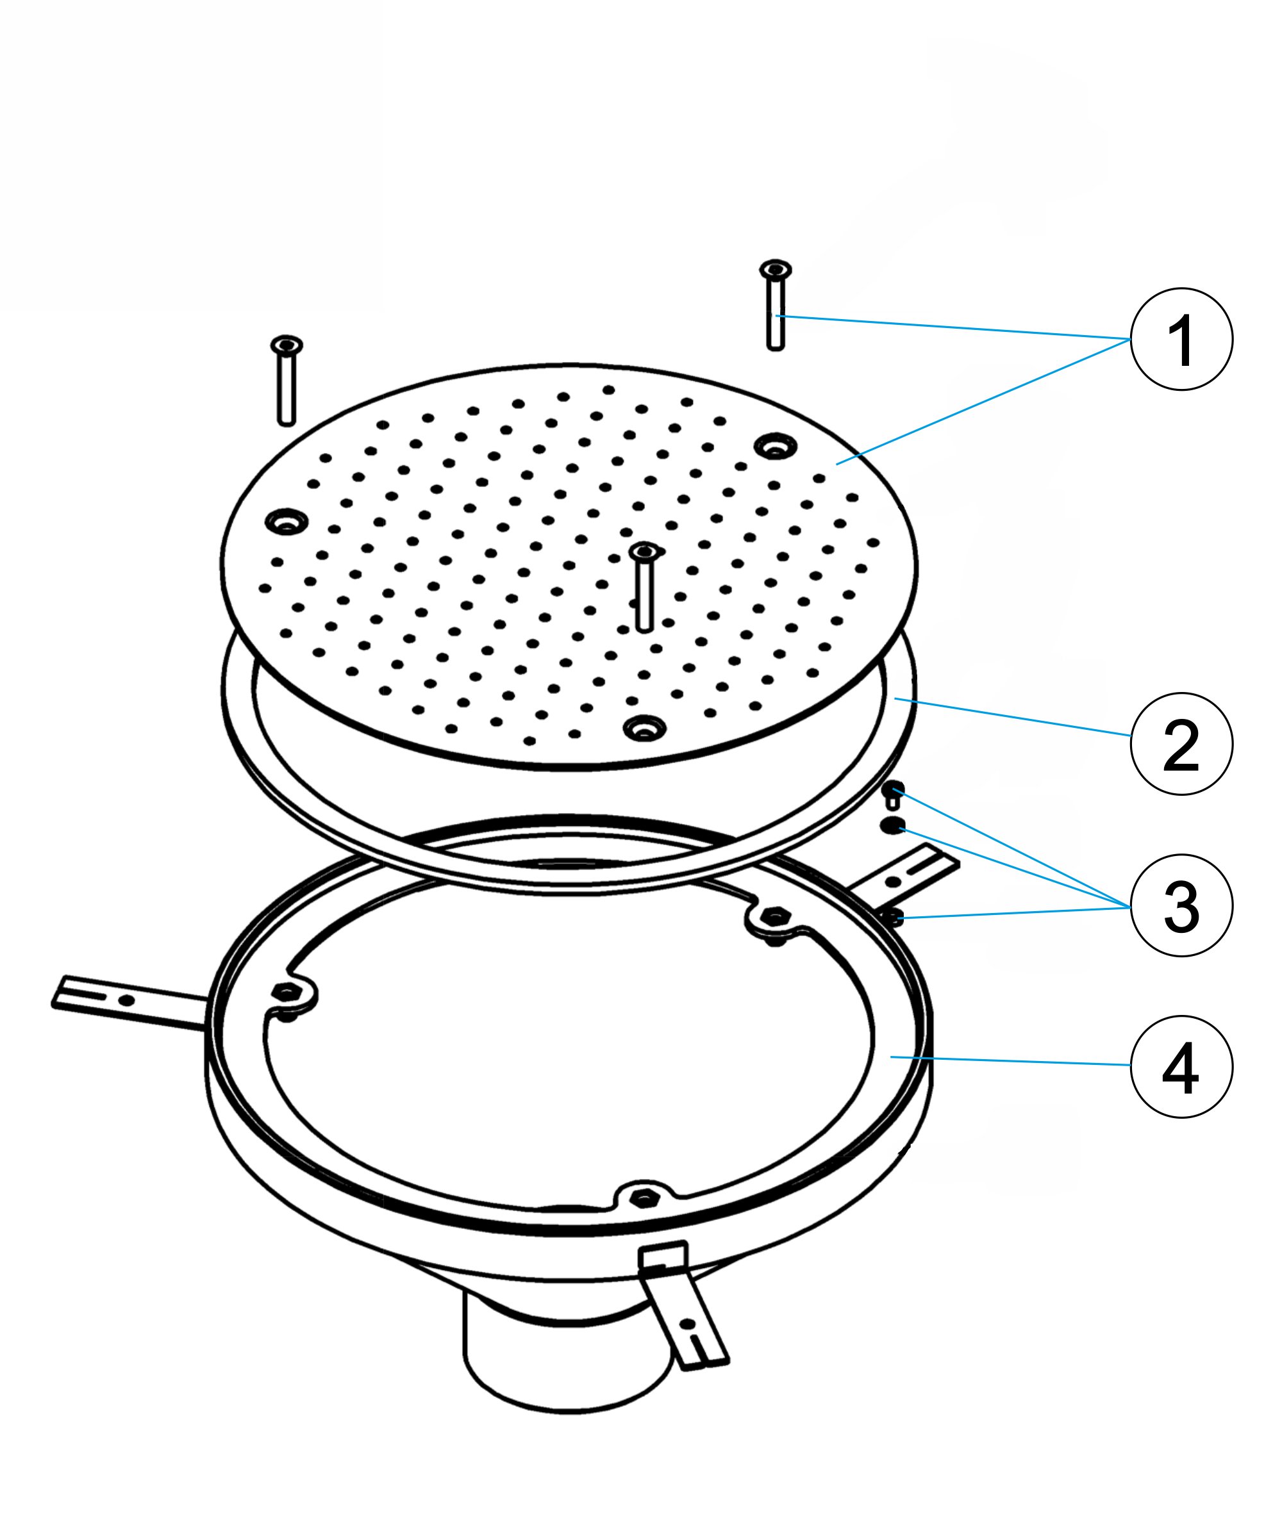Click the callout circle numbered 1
1181,339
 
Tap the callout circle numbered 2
1181,743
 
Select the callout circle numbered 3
1181,905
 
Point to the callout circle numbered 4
1181,1067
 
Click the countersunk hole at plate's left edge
287,521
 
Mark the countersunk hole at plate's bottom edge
644,726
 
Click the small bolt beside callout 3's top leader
895,793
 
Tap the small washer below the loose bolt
892,826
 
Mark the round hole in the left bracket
127,1000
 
